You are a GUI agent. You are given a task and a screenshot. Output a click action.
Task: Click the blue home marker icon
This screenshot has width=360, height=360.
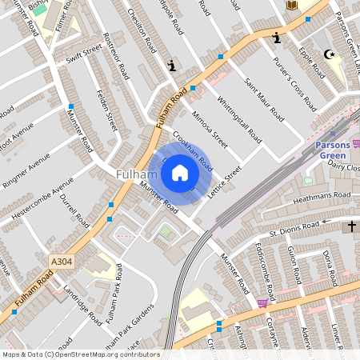pos(180,172)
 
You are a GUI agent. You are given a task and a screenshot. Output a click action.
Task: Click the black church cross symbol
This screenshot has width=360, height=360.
pos(350,227)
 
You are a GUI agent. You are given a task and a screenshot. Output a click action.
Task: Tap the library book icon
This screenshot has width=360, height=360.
pos(291,5)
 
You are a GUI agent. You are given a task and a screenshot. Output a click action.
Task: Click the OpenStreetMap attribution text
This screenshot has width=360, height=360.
pos(80,354)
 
